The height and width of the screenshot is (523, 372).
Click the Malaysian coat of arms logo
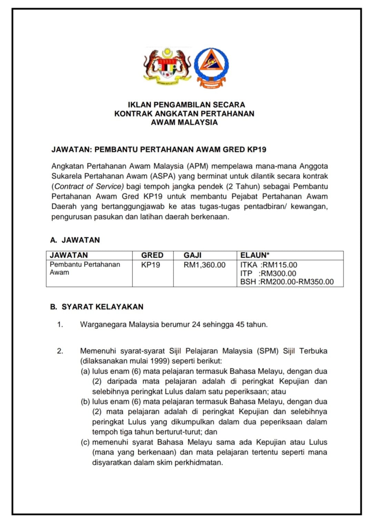click(x=167, y=66)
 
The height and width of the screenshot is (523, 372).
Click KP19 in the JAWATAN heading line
click(x=257, y=150)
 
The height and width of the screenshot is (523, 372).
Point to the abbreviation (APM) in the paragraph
click(x=198, y=166)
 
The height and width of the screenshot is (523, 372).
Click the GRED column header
click(x=152, y=255)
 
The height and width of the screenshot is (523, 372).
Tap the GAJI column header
click(x=192, y=255)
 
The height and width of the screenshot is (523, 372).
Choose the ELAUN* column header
click(x=255, y=255)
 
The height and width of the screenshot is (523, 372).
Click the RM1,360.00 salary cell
click(x=204, y=265)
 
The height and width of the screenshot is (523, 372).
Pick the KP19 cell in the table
click(x=151, y=265)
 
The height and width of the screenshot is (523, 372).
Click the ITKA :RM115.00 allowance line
click(x=269, y=265)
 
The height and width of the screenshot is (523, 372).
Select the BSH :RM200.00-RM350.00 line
click(x=287, y=282)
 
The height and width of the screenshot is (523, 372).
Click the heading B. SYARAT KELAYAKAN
click(x=97, y=307)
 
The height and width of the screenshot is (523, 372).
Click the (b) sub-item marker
click(x=85, y=402)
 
